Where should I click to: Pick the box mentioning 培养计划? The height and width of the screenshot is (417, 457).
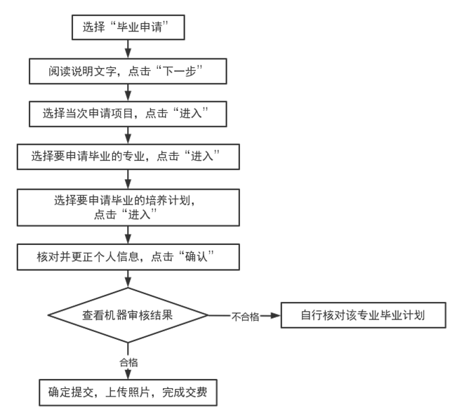(x=127, y=206)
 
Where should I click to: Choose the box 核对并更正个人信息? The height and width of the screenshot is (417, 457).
(x=127, y=257)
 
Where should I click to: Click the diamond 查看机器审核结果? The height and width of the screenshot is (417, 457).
(x=127, y=315)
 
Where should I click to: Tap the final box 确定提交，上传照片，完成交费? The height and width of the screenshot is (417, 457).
(x=127, y=392)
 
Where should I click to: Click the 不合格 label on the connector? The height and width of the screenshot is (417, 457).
(x=245, y=317)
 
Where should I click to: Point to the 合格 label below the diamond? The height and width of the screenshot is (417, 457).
(x=127, y=362)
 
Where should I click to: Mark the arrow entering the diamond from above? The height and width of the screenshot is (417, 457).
(x=127, y=279)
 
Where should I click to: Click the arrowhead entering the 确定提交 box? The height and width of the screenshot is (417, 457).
(x=127, y=375)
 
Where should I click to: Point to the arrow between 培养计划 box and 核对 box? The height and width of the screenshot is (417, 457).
(x=127, y=234)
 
